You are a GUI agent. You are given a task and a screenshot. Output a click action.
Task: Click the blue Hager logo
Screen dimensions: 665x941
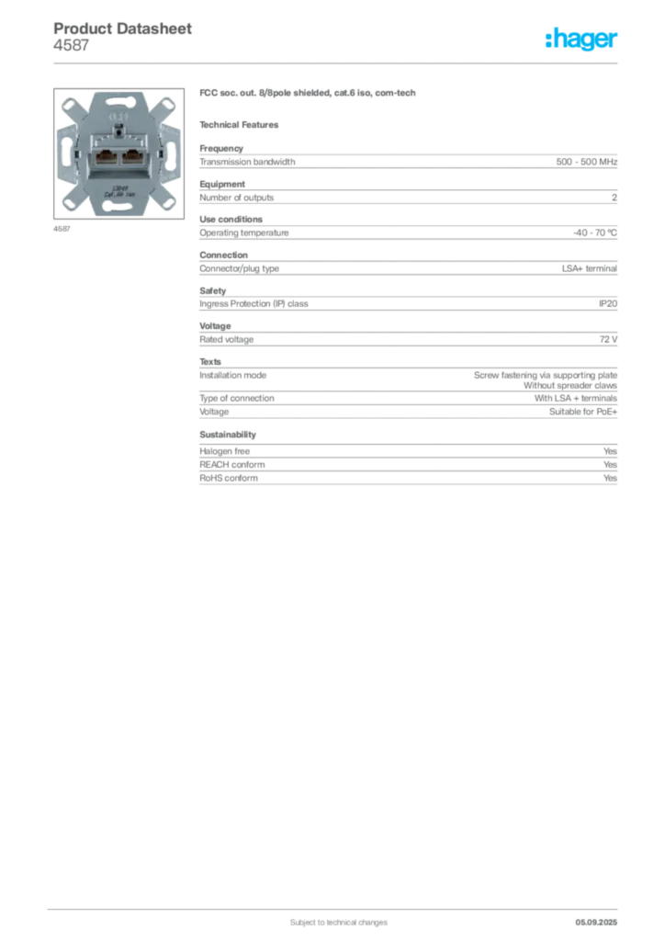582,40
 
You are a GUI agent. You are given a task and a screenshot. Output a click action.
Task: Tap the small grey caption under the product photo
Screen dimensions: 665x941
62,229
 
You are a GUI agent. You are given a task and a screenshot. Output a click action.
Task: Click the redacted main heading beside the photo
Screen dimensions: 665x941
309,95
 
